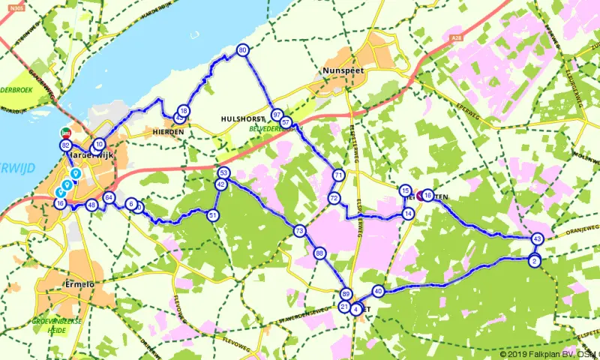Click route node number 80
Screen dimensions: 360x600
[x=242, y=50]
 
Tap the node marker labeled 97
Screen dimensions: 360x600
[x=277, y=115]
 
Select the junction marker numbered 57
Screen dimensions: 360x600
[x=285, y=121]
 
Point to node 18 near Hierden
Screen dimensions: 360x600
[x=184, y=111]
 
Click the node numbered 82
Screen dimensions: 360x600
[x=66, y=145]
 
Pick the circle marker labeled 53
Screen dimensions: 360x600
[x=223, y=173]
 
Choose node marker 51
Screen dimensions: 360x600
[x=214, y=216]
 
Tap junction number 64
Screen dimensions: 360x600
[x=109, y=198]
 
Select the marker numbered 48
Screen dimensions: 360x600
[x=91, y=205]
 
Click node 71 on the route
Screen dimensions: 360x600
[x=338, y=175]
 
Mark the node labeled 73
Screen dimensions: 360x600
[x=299, y=231]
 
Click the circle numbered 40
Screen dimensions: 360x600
[x=377, y=291]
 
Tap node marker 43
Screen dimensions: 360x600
[x=537, y=238]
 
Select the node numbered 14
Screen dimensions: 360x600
[x=408, y=214]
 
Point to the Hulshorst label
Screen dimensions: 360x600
[x=241, y=118]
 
